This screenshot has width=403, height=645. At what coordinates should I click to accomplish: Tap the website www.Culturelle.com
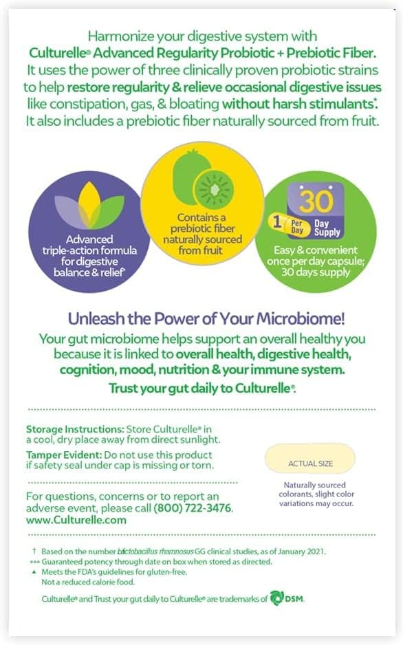76,521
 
